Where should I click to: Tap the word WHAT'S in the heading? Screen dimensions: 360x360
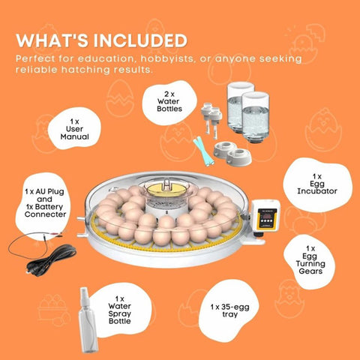pos(51,40)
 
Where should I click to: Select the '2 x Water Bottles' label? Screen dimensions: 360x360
pos(169,101)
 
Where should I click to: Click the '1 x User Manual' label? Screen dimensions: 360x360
pos(74,129)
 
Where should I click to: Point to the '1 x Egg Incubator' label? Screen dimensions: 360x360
pos(317,184)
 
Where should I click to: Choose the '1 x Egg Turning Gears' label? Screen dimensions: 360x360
pos(310,260)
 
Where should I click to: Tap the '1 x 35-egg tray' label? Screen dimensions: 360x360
pos(229,310)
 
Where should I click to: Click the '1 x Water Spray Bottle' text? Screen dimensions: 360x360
pos(120,310)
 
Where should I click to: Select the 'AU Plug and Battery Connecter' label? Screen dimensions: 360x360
pos(45,203)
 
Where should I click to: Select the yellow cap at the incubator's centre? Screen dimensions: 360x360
pos(166,189)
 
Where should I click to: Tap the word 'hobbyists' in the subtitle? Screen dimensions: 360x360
pos(167,58)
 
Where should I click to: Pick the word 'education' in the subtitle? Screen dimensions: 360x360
pos(107,58)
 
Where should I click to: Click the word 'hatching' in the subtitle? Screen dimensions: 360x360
pos(85,70)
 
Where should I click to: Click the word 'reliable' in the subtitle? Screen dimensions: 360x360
pos(37,70)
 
